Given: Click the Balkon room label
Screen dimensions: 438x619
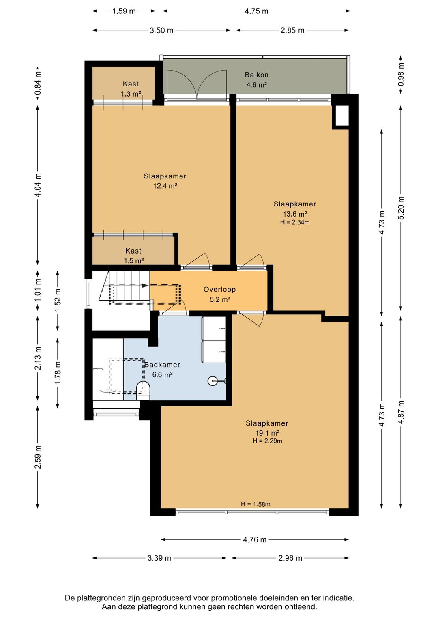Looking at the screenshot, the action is tap(256, 75).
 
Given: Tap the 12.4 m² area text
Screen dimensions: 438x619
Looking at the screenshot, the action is tap(165, 186).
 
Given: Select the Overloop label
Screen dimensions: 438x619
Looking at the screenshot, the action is tap(219, 289).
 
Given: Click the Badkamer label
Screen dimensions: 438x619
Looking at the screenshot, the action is tap(163, 365).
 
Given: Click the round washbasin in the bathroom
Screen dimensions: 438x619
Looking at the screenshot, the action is tap(212, 381).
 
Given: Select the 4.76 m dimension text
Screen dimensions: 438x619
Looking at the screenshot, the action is tap(255, 539).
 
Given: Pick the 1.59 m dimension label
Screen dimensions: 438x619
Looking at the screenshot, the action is tap(124, 11).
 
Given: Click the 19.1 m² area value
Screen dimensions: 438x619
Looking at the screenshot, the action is tap(267, 432).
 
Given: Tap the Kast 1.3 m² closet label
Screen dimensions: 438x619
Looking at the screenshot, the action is tap(131, 89).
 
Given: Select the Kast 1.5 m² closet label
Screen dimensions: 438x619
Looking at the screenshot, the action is tap(134, 256).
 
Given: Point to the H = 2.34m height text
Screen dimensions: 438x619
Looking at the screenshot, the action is tap(294, 222).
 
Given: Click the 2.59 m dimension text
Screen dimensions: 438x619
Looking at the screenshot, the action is tap(38, 457).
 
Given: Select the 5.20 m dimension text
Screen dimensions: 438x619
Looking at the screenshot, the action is tap(401, 208).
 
